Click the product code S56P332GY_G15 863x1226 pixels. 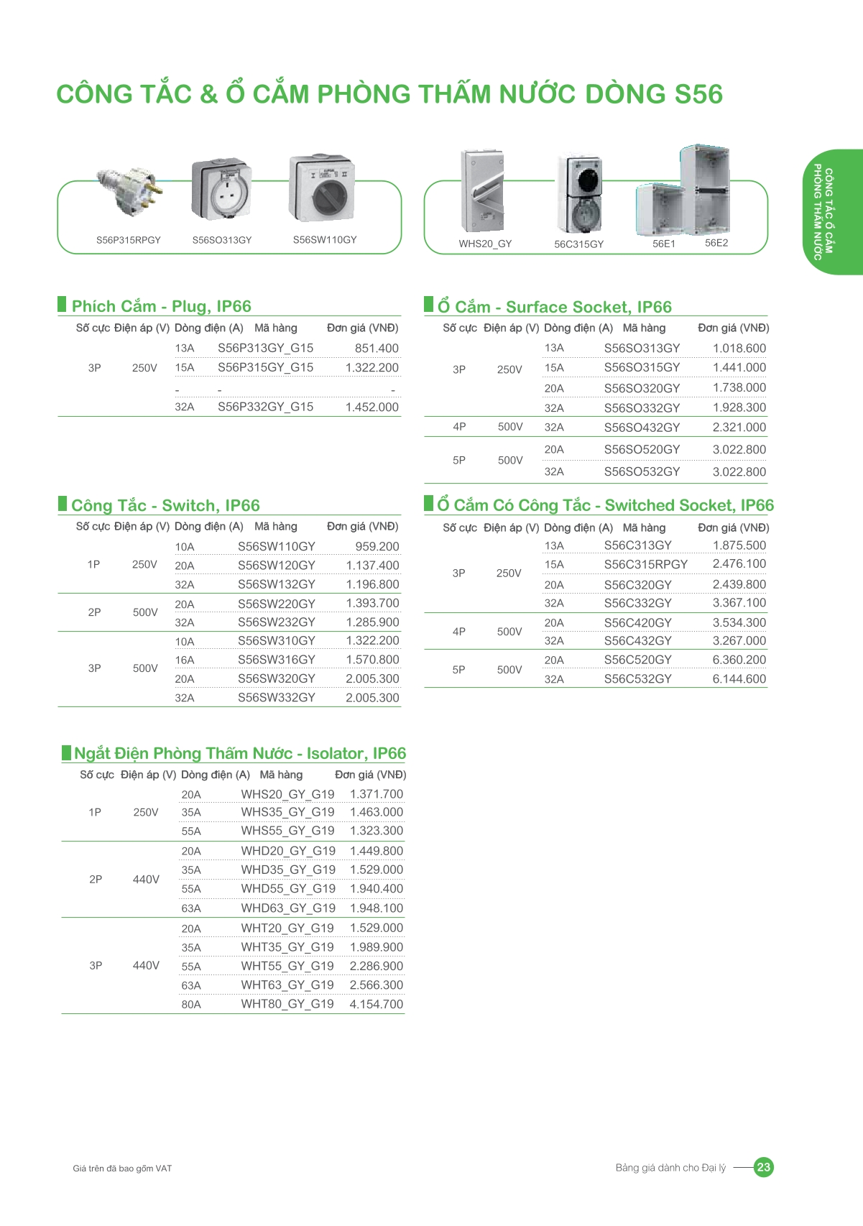pos(265,407)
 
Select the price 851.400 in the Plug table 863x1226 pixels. pos(377,349)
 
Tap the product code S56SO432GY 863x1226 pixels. pos(642,428)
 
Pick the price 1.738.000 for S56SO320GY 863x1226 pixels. pos(739,388)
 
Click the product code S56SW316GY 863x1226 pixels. pos(276,660)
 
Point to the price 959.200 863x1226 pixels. pos(377,547)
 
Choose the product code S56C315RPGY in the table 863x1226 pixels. pos(645,565)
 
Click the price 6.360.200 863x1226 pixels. pos(739,660)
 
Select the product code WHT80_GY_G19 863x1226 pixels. pos(287,1004)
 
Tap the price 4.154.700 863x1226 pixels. pos(376,1004)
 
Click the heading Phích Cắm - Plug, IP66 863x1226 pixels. pos(161,307)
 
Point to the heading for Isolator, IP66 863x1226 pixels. pos(239,754)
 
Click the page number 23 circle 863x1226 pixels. pos(763,1167)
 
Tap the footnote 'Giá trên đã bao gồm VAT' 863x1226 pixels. pos(122,1169)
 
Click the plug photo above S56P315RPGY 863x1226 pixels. pos(131,190)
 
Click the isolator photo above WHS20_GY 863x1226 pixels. pos(482,190)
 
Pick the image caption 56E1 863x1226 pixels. pos(663,244)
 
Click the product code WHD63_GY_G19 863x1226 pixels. pos(288,908)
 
